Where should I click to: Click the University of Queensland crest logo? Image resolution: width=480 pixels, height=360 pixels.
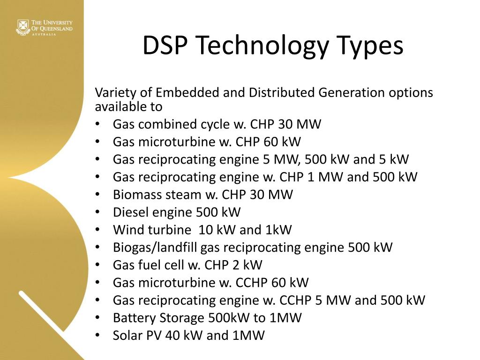point(22,27)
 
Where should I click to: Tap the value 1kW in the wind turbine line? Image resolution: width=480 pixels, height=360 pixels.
point(279,230)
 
